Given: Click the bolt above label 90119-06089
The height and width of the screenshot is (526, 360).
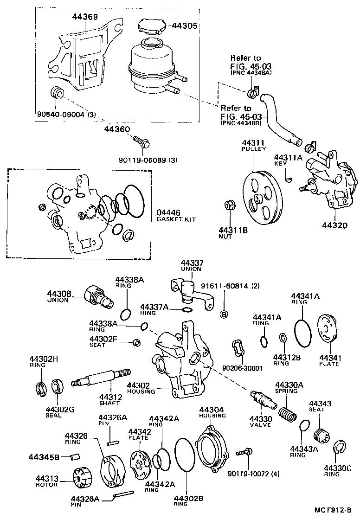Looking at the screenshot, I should click(x=141, y=141).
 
